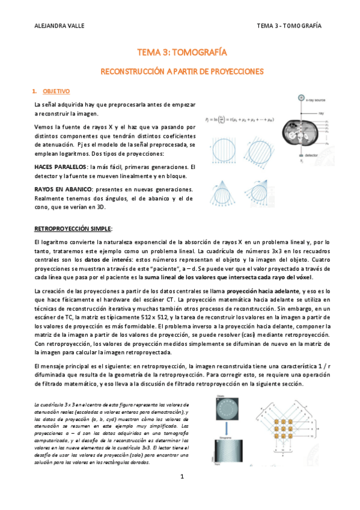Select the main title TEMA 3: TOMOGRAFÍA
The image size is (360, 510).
[179, 53]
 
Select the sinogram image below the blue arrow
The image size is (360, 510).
[231, 450]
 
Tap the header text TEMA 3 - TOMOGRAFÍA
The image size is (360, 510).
[288, 26]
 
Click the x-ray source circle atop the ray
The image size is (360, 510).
[302, 97]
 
